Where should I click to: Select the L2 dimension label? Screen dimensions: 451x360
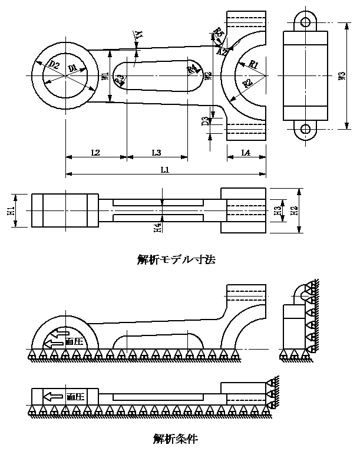click(x=95, y=153)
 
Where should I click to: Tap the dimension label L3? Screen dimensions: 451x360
click(x=156, y=153)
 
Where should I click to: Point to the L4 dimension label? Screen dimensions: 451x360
click(x=246, y=153)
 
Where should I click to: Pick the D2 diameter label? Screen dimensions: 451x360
click(x=54, y=64)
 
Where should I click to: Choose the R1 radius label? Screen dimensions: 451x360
click(x=253, y=63)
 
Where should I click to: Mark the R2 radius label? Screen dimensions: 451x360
click(x=248, y=84)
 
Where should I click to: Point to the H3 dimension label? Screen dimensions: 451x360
click(x=278, y=210)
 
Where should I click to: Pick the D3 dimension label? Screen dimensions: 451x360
click(x=204, y=121)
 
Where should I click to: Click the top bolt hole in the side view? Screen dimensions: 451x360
click(x=305, y=22)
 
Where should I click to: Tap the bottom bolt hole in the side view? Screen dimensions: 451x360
click(x=305, y=129)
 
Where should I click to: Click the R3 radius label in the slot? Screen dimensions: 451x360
click(x=120, y=79)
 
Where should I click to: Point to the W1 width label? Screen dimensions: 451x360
click(x=104, y=76)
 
